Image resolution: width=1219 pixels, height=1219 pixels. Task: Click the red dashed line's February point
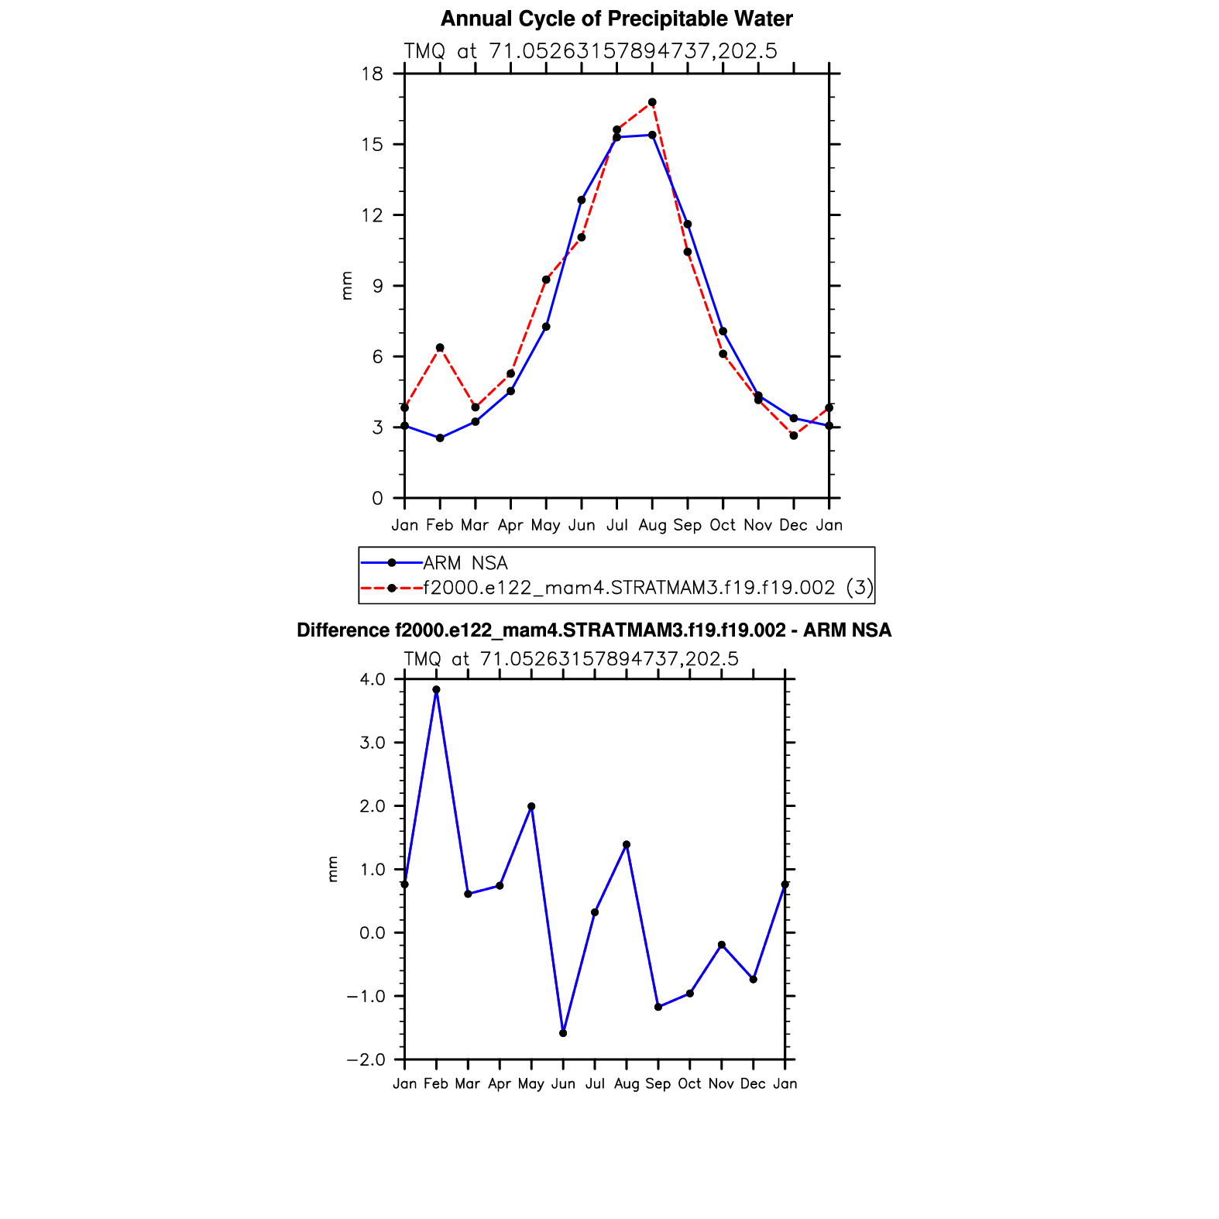point(440,348)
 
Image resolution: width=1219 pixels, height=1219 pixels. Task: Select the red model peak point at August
point(652,102)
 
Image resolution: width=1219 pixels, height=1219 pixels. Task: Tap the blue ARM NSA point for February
point(440,438)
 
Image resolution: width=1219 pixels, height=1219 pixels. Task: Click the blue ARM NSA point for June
point(582,200)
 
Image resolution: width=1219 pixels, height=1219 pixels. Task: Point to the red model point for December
point(794,436)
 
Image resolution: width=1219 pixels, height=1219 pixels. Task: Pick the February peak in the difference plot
point(436,689)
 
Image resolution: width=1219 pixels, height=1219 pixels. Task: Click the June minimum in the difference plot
point(563,1033)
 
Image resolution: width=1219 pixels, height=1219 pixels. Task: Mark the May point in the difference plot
point(531,806)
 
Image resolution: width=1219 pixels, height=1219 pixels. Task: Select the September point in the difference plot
point(658,1007)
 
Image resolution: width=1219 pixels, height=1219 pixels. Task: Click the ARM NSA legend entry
point(465,563)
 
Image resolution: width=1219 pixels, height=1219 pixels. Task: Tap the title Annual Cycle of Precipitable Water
point(616,19)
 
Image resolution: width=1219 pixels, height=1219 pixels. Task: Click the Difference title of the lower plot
point(594,630)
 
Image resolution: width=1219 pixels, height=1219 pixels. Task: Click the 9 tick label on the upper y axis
point(377,287)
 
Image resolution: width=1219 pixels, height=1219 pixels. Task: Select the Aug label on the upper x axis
point(652,525)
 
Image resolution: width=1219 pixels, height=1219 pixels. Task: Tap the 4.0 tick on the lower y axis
point(372,679)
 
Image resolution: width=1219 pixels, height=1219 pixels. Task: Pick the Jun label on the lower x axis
point(563,1083)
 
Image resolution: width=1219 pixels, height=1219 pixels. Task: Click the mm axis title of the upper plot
point(347,286)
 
